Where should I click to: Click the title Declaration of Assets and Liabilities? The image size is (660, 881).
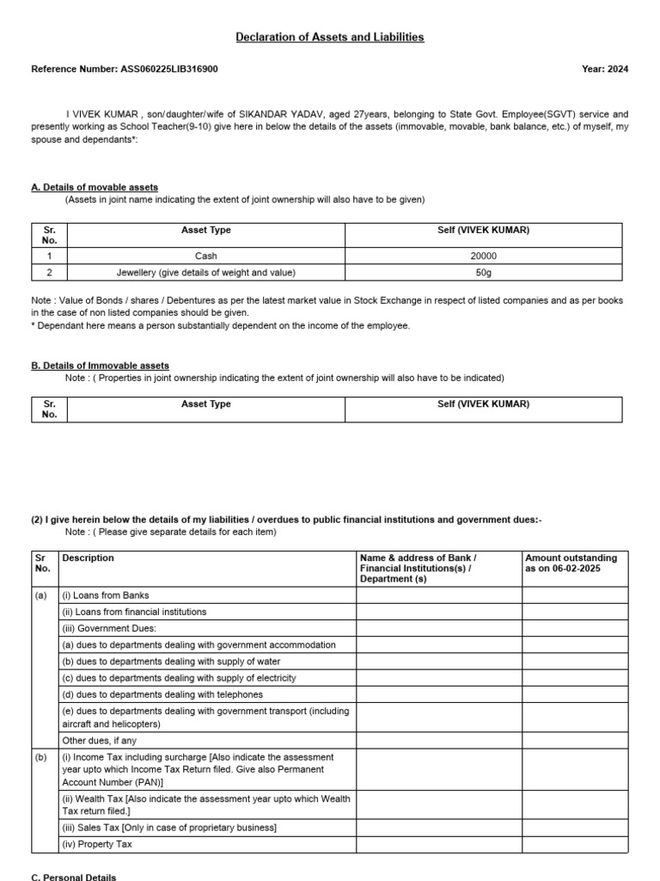point(330,37)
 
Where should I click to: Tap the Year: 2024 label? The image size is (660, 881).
point(605,69)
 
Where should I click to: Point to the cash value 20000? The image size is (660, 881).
point(484,256)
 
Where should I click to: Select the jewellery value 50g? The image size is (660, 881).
point(484,272)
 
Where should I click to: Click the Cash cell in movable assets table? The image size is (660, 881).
point(206,256)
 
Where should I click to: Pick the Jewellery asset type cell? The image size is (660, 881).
point(206,272)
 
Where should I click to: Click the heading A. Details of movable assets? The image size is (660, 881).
point(95,187)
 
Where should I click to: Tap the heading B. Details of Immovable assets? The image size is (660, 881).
point(100,366)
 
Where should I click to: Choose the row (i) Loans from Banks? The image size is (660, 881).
point(105,595)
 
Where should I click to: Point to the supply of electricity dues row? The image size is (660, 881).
point(179,678)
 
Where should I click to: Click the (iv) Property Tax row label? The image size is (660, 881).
point(96,844)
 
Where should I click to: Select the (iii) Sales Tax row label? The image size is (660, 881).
point(168,828)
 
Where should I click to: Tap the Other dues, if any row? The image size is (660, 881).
point(100,740)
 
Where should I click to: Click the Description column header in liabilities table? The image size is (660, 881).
point(89,558)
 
